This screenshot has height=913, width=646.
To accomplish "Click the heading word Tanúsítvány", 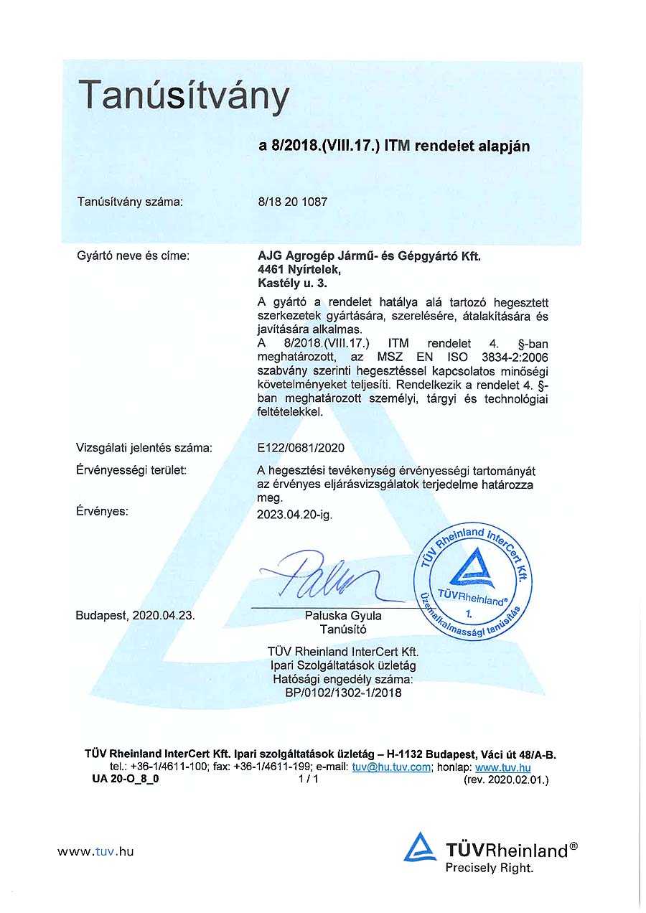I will (x=183, y=96).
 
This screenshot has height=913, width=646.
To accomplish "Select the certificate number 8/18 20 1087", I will (x=292, y=202).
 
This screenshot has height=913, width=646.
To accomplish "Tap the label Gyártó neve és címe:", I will (x=133, y=255).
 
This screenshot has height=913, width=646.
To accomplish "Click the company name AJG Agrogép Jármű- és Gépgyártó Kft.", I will (x=369, y=256).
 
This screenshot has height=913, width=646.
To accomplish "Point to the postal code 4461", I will (x=271, y=270).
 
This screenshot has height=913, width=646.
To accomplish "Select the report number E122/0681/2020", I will (x=301, y=448).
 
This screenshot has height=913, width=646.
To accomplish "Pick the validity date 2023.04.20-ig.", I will (x=294, y=514).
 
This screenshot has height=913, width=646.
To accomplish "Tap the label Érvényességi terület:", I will (x=131, y=470).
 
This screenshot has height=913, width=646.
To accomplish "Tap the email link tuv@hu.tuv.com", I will (x=391, y=767).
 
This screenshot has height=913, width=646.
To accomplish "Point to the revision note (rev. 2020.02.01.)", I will (x=506, y=779).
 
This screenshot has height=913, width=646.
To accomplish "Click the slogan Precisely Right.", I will (x=490, y=868).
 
